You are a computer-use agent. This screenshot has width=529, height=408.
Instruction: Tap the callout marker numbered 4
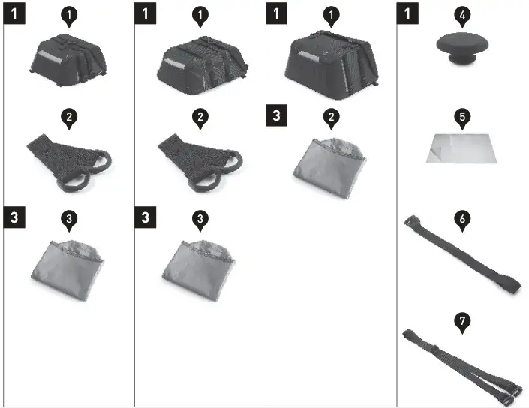pos(463,14)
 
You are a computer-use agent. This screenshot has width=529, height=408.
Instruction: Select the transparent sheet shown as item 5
pos(462,148)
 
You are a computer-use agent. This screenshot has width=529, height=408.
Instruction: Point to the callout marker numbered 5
pos(463,117)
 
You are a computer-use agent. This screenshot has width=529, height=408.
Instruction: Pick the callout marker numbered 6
pos(463,218)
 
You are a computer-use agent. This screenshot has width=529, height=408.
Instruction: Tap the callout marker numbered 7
pos(463,321)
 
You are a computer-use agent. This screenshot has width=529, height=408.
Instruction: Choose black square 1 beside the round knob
pos(407,13)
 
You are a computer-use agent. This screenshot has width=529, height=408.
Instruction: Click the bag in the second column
pos(200,61)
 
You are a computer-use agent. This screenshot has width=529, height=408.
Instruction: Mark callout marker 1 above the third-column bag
pos(331,14)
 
